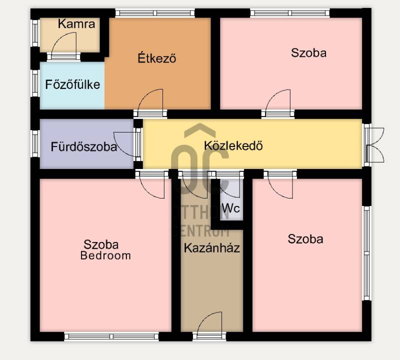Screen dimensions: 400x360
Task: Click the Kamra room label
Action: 76,24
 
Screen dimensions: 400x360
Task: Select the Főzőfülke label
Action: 72,84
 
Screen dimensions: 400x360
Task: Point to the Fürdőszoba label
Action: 84,146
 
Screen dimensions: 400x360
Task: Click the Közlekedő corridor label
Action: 233,145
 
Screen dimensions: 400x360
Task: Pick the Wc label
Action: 231,208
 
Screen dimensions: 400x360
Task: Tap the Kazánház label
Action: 212,247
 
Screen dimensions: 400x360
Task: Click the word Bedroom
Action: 105,255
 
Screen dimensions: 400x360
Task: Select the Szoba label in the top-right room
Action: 308,53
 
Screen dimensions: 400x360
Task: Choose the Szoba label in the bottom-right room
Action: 305,239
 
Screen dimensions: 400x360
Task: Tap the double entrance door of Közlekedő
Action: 375,144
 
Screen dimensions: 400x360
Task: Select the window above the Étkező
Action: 155,13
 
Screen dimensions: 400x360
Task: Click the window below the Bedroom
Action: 111,337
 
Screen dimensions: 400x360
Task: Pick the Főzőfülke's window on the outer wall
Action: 35,83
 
